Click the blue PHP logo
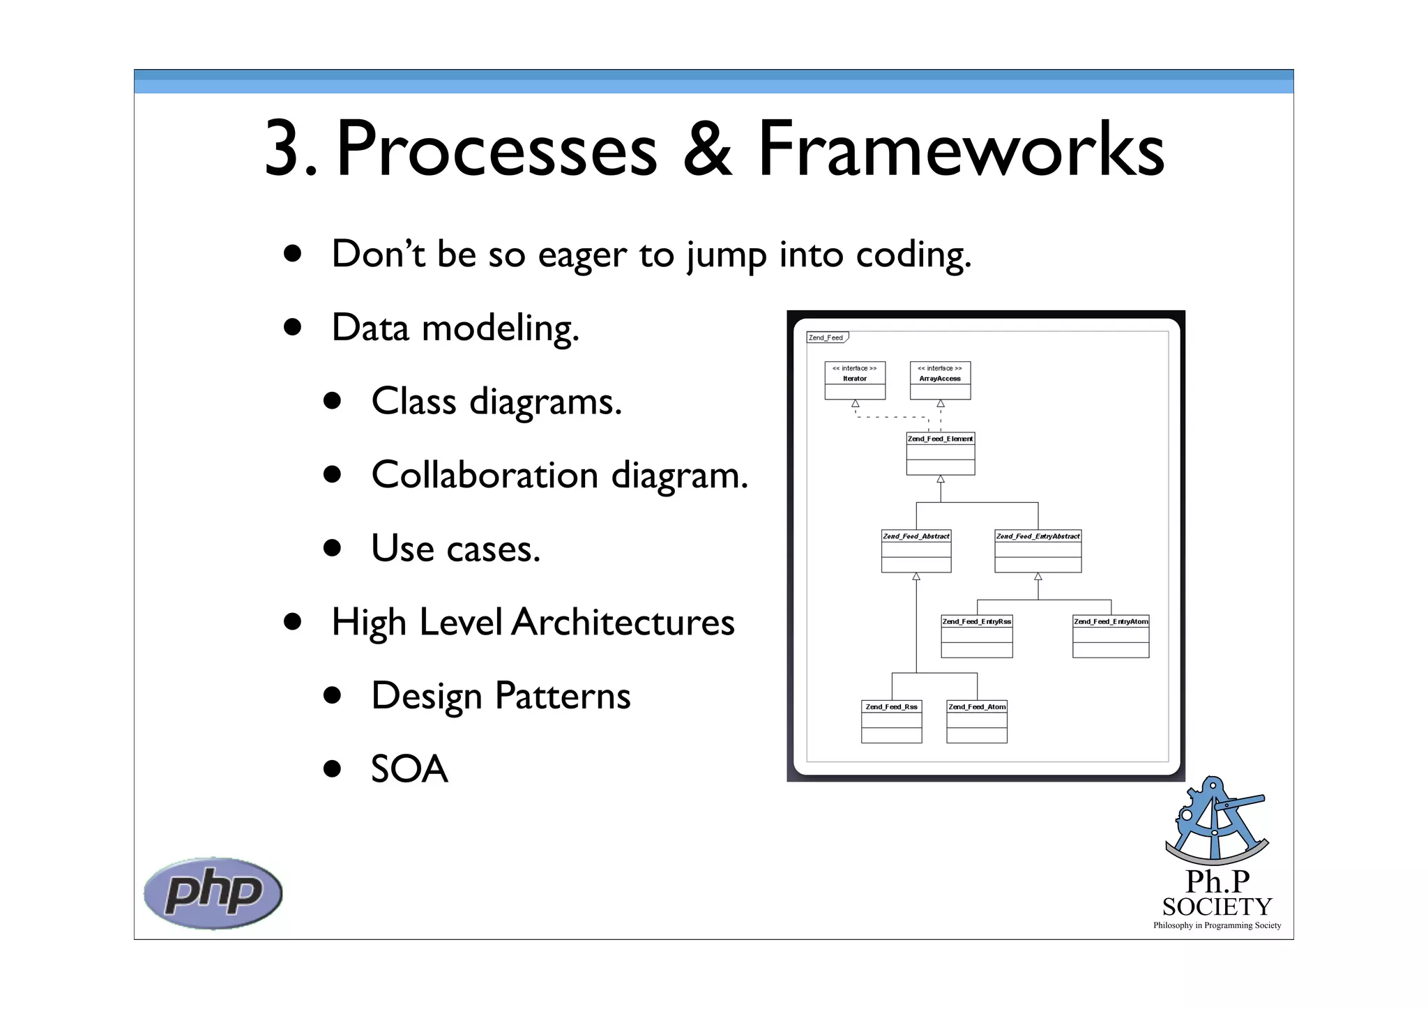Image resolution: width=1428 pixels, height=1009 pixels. point(213,893)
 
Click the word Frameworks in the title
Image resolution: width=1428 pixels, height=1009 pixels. point(961,149)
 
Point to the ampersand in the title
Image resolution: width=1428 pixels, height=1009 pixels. point(707,149)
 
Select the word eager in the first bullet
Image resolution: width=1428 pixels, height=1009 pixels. point(582,255)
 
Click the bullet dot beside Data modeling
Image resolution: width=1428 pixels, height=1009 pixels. point(292,327)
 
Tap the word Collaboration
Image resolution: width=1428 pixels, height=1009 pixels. point(485,476)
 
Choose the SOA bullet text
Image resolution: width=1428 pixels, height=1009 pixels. point(409,769)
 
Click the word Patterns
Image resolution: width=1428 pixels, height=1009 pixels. point(563,696)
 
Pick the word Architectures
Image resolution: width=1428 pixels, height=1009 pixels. point(623,622)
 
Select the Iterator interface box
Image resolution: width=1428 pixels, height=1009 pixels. point(855,381)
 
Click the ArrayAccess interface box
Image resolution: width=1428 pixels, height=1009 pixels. point(940,381)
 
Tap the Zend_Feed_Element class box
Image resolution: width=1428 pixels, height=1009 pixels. point(940,454)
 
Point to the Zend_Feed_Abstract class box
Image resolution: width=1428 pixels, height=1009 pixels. point(916,552)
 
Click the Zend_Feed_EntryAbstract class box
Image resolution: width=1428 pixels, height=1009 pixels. point(1038,552)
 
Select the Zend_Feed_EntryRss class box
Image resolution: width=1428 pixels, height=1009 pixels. point(976,637)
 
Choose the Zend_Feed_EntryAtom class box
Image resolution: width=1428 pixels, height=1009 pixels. point(1111,637)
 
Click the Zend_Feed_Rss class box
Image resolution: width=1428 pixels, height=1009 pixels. point(891,722)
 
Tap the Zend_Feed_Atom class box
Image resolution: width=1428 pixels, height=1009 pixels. point(977,722)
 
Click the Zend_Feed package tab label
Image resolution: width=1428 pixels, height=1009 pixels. point(826,337)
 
